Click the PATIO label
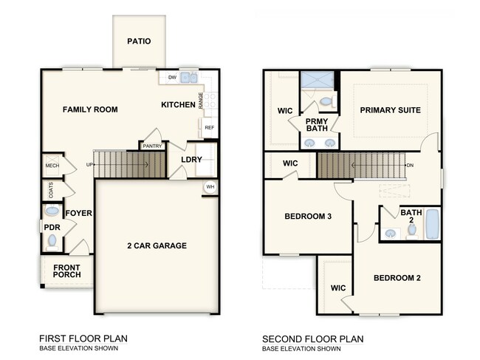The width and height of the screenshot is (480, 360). point(138,41)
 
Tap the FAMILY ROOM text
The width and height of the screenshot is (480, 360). point(90,109)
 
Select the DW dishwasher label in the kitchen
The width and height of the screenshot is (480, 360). point(171,77)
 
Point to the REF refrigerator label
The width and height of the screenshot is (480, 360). point(209,127)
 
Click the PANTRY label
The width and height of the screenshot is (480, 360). point(152,146)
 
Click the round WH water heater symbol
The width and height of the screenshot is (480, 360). point(210,186)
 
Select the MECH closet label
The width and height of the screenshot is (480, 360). point(52,166)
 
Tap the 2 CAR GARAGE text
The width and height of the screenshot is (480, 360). point(156,245)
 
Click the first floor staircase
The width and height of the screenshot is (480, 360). point(128,164)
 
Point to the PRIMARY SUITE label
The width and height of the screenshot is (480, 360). point(390,110)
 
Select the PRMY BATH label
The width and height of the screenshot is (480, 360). point(317,125)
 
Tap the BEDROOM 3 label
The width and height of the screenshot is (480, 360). point(308,217)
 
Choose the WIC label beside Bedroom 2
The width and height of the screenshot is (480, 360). point(338,288)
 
